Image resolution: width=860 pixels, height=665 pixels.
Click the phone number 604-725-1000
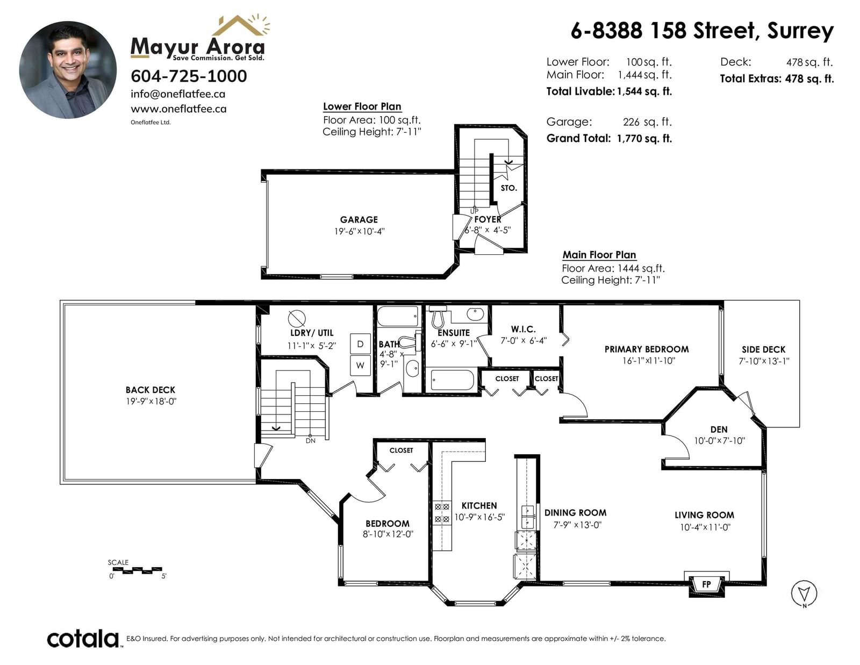click(189, 76)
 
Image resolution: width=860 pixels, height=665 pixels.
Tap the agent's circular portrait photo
click(68, 70)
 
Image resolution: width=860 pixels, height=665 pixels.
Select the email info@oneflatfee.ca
click(178, 94)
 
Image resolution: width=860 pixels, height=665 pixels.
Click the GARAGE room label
click(359, 220)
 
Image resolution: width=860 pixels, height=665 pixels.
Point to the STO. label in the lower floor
click(509, 188)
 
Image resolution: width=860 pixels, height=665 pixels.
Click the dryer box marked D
click(360, 344)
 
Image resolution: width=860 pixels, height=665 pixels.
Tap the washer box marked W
click(360, 366)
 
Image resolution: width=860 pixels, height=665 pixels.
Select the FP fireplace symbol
click(706, 584)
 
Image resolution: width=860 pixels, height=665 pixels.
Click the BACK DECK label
click(150, 390)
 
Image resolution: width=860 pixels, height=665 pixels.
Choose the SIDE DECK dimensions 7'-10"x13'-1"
click(764, 361)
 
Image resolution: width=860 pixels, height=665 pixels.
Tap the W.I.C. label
click(523, 330)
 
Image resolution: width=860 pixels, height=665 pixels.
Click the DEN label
click(719, 430)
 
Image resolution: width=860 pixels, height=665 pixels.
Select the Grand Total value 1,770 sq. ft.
click(644, 139)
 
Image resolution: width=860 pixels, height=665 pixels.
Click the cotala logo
click(83, 639)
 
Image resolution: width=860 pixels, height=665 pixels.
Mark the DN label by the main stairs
click(311, 441)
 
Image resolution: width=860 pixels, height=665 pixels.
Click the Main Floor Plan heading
click(599, 255)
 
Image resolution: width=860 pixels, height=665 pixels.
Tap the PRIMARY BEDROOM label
click(647, 349)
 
